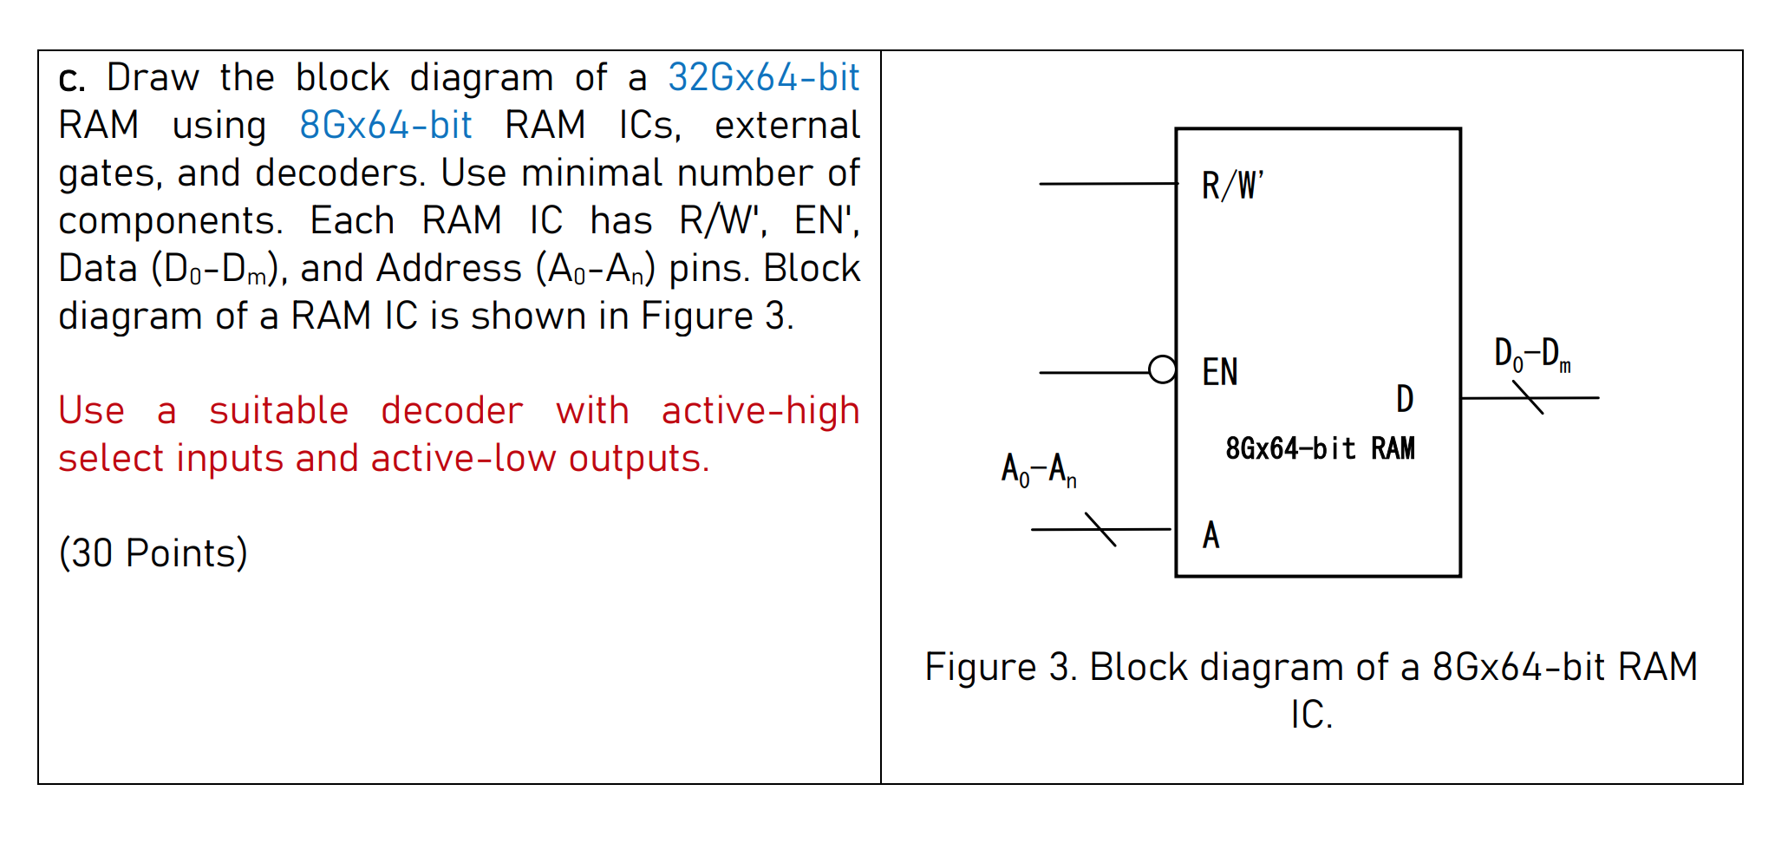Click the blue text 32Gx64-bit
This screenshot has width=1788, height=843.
pos(762,78)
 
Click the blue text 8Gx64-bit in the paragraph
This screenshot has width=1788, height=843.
pos(385,126)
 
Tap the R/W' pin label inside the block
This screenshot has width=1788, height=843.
pos(1231,186)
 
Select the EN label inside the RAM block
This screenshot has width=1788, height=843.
pos(1219,373)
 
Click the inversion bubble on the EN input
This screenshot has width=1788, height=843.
pos(1162,370)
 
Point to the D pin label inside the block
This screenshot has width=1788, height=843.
pos(1405,399)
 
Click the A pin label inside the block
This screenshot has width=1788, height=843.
pos(1210,535)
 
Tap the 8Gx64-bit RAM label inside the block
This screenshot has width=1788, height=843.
pos(1320,448)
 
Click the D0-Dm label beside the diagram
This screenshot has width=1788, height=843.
pos(1531,354)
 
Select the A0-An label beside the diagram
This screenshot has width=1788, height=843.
pos(1038,470)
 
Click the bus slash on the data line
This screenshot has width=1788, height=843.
pos(1528,398)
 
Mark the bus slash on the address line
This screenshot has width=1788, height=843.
pos(1100,529)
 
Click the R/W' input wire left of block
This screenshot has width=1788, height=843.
pos(1106,184)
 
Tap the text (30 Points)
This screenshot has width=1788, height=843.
pos(153,553)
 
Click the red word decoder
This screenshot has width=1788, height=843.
pos(451,411)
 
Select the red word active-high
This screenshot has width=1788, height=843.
pos(760,411)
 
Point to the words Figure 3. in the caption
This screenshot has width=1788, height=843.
pos(999,667)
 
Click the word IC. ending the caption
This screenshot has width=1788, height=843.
pos(1310,716)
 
